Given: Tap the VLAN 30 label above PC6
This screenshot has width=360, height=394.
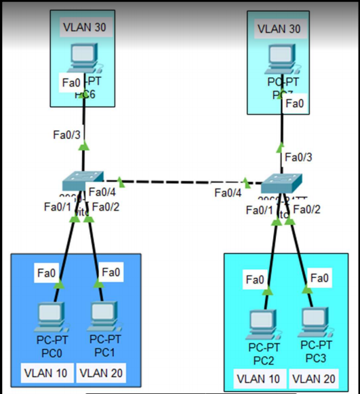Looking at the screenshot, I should pos(85,27).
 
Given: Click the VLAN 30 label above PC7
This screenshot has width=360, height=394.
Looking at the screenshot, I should pos(279,29).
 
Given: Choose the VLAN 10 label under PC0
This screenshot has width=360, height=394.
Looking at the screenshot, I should pos(45,372).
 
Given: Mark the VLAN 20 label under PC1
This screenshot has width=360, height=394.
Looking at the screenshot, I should pos(102,372).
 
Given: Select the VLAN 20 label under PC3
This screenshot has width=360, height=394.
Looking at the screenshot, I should pos(313,377).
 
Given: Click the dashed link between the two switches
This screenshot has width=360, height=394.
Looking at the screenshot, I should pos(182,182).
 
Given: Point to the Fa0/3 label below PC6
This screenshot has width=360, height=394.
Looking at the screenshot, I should pos(66,134).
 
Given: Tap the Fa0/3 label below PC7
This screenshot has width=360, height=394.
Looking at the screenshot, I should pos(298,157).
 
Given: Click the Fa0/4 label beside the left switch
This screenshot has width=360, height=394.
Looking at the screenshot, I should pos(102,193).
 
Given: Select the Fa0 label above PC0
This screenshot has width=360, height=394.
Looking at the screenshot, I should pos(47,273).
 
